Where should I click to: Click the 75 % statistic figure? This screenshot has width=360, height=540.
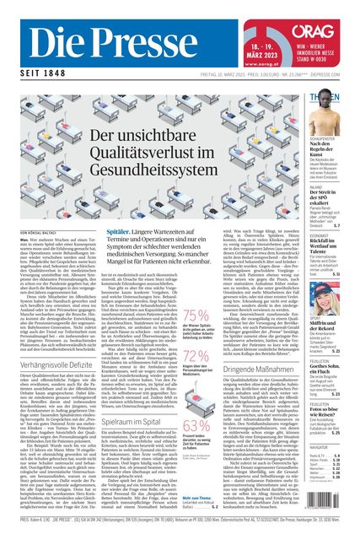tap(195, 316)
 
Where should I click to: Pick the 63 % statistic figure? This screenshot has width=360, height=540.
tap(195, 426)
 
